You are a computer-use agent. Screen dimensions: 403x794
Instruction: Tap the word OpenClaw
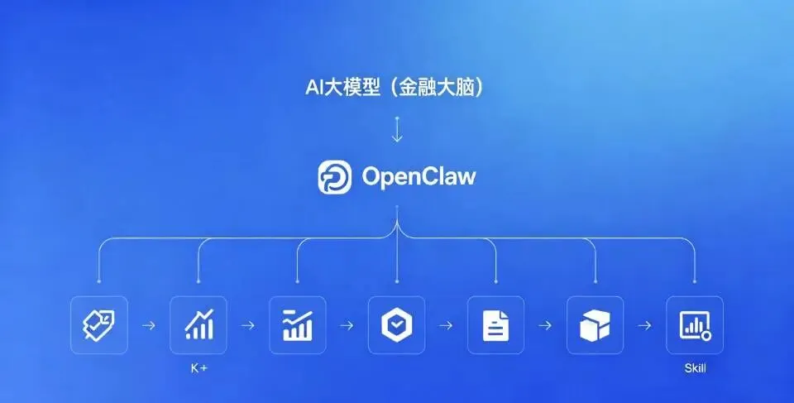[x=419, y=177]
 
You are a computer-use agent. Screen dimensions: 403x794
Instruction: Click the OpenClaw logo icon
[x=335, y=177]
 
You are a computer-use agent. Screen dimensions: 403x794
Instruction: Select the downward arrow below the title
[x=397, y=130]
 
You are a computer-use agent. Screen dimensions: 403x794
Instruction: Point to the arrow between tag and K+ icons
[x=149, y=325]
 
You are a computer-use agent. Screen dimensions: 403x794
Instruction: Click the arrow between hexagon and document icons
[x=447, y=325]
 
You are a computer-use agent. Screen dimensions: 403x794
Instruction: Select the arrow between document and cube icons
[x=546, y=325]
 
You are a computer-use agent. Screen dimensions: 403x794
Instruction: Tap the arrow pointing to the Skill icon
[x=645, y=325]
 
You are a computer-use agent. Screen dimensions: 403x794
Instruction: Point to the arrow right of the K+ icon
[x=248, y=325]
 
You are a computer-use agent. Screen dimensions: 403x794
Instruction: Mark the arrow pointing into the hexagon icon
[x=347, y=325]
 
